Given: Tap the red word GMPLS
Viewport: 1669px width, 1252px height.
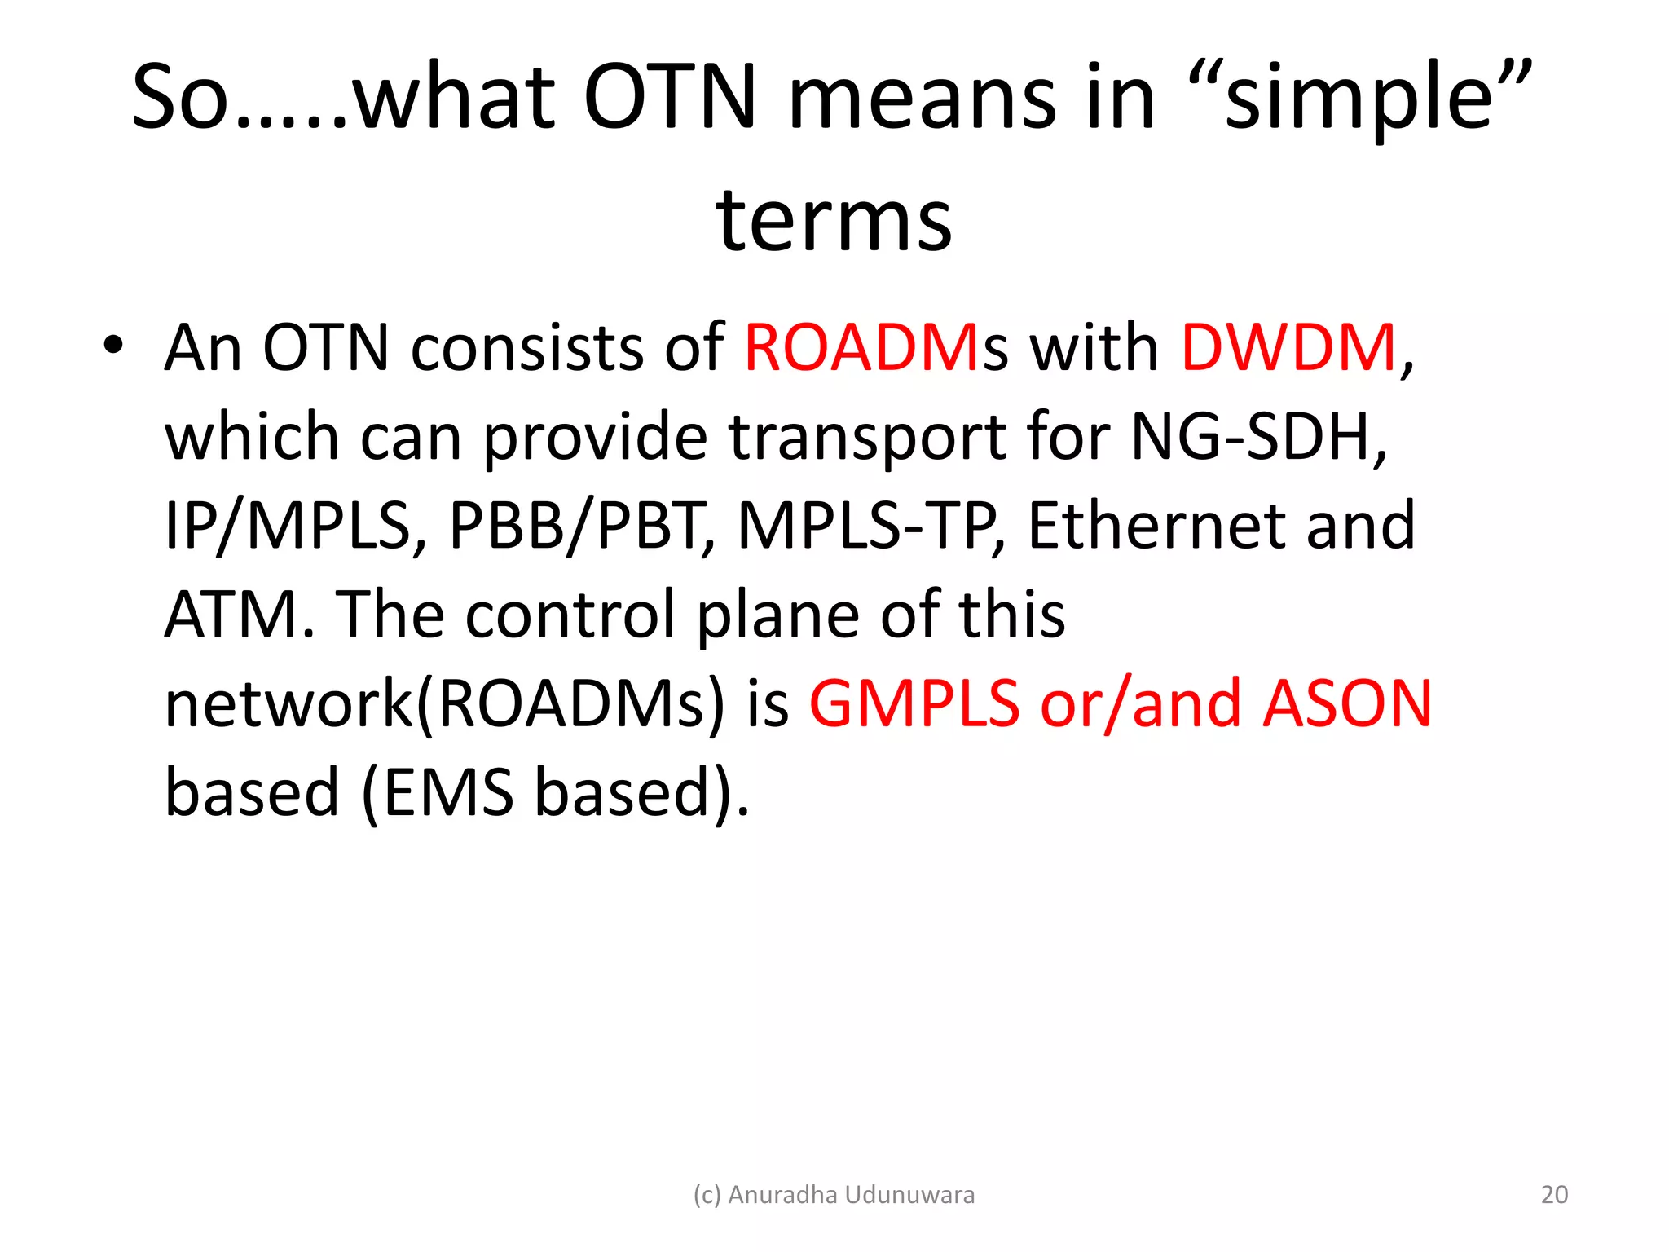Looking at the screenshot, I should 914,703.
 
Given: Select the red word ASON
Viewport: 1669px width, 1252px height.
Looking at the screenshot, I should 1347,703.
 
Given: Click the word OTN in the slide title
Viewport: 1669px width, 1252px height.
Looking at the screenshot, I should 670,98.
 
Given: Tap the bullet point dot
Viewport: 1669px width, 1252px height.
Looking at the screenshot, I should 113,346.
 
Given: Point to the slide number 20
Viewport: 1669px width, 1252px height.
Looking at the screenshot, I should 1554,1194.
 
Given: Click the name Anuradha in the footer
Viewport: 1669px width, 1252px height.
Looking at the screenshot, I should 782,1194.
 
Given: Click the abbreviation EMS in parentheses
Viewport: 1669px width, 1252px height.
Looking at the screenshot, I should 448,792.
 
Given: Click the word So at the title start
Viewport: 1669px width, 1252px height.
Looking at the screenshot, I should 180,98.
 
